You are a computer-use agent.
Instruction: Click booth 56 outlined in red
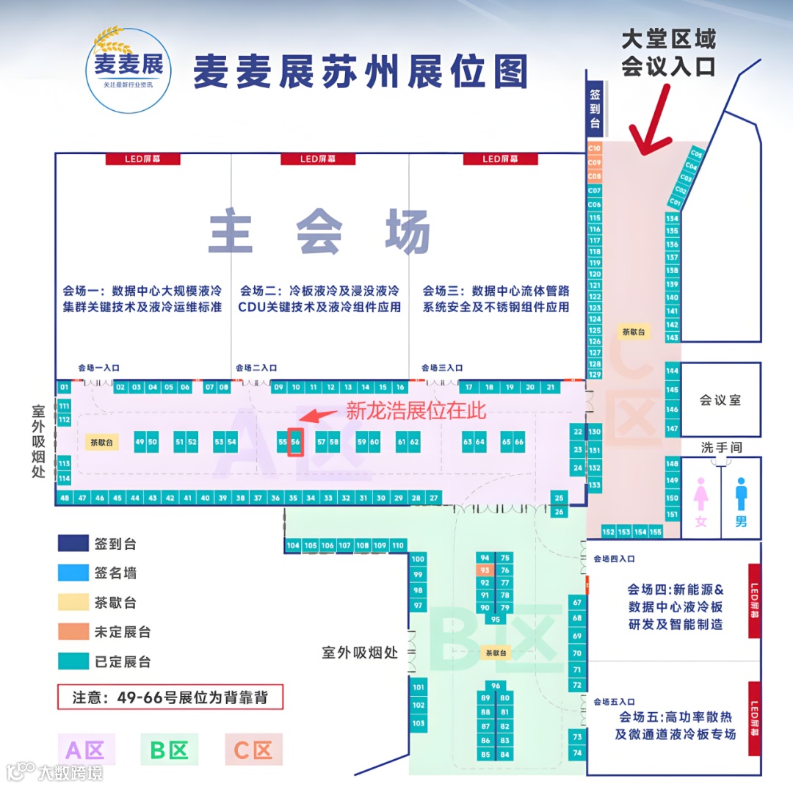(x=295, y=442)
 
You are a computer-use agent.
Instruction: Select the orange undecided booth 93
(x=485, y=570)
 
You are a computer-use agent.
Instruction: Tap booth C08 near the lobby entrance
(x=595, y=176)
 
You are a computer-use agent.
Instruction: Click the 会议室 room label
(x=720, y=400)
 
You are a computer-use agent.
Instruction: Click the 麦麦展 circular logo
(x=128, y=70)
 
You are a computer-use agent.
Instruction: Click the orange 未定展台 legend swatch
(x=73, y=632)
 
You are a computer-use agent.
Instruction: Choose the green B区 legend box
(x=169, y=750)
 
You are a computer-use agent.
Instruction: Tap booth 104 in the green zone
(x=293, y=545)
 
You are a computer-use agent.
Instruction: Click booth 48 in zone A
(x=65, y=498)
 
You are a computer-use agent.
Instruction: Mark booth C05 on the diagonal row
(x=697, y=155)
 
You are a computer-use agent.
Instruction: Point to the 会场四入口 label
(x=614, y=559)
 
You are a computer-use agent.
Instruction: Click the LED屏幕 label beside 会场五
(x=753, y=719)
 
